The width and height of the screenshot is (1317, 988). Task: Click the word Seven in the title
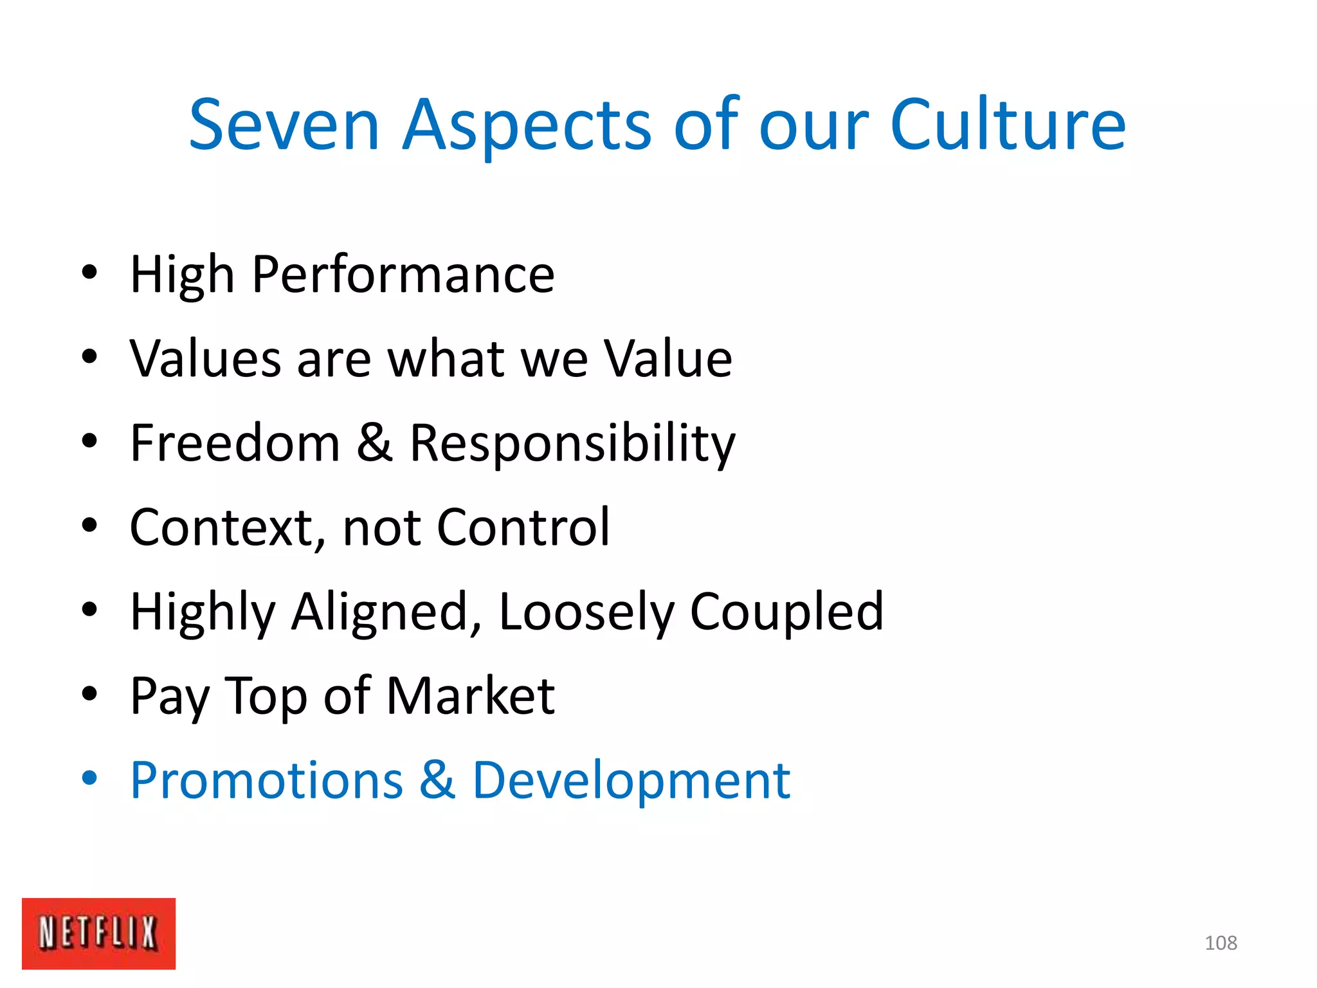[x=284, y=125]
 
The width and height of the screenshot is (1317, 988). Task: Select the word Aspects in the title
[x=527, y=125]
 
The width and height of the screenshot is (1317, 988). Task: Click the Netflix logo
[x=98, y=933]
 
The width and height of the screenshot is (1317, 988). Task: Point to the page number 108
[x=1221, y=943]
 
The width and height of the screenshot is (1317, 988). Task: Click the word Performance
[x=403, y=275]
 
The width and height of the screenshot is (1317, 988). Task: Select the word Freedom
[x=235, y=443]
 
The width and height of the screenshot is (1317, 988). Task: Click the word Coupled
[x=786, y=612]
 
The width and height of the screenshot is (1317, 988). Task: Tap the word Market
[x=471, y=696]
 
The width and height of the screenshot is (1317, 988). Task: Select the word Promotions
[x=267, y=780]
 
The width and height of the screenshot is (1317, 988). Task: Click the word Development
[x=631, y=782]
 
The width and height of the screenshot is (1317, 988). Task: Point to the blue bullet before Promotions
[x=89, y=779]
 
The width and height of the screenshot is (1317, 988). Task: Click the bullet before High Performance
[x=89, y=272]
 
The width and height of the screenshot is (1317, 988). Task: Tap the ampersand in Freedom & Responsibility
[x=374, y=443]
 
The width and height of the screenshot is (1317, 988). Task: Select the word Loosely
[x=586, y=612]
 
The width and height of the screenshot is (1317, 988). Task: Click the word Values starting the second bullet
[x=205, y=359]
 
